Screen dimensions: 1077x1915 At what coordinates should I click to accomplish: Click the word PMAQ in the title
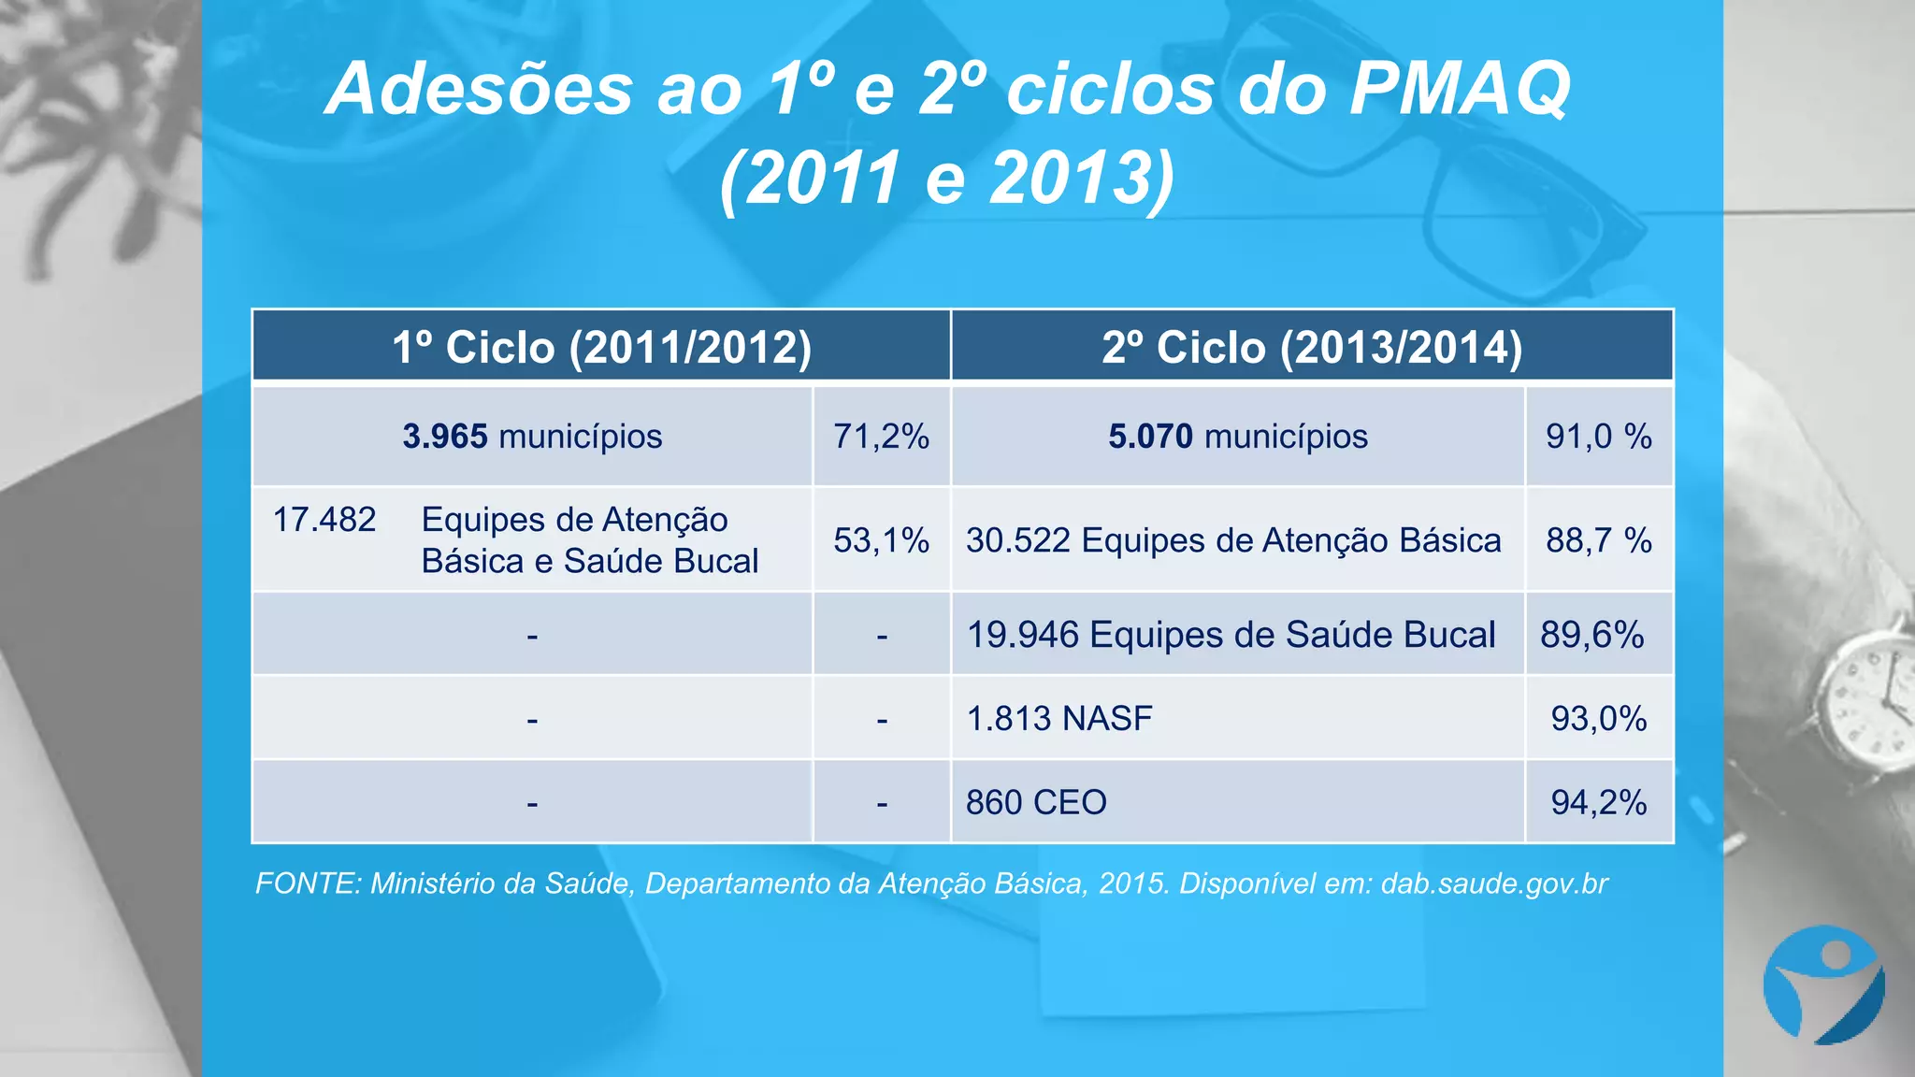tap(1460, 89)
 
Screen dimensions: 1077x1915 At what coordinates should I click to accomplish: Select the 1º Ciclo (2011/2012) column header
tap(601, 347)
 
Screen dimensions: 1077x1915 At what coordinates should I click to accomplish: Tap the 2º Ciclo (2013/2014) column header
tap(1312, 347)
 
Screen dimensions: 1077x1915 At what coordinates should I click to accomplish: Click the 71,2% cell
tap(881, 437)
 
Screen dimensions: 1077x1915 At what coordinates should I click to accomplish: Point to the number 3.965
tap(445, 437)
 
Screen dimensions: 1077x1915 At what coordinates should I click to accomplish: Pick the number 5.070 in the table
tap(1150, 437)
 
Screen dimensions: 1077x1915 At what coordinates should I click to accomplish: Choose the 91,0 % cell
tap(1598, 437)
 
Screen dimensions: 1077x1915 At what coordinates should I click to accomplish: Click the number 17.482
tap(324, 520)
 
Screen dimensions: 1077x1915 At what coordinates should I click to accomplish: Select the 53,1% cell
tap(881, 540)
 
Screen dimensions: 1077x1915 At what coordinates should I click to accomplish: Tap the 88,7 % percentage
tap(1598, 540)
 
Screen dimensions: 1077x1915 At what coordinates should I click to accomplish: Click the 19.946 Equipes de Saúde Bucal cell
tap(1231, 635)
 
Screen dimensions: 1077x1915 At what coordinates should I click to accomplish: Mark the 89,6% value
tap(1592, 635)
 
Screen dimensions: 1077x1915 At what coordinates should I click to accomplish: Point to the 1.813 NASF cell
tap(1059, 719)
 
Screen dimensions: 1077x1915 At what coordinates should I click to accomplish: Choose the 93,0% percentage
tap(1598, 719)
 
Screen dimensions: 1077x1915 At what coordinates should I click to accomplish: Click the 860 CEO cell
tap(1036, 802)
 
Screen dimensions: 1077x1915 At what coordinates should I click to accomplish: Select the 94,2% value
tap(1598, 802)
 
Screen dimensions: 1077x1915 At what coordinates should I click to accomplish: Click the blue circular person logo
tap(1823, 984)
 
